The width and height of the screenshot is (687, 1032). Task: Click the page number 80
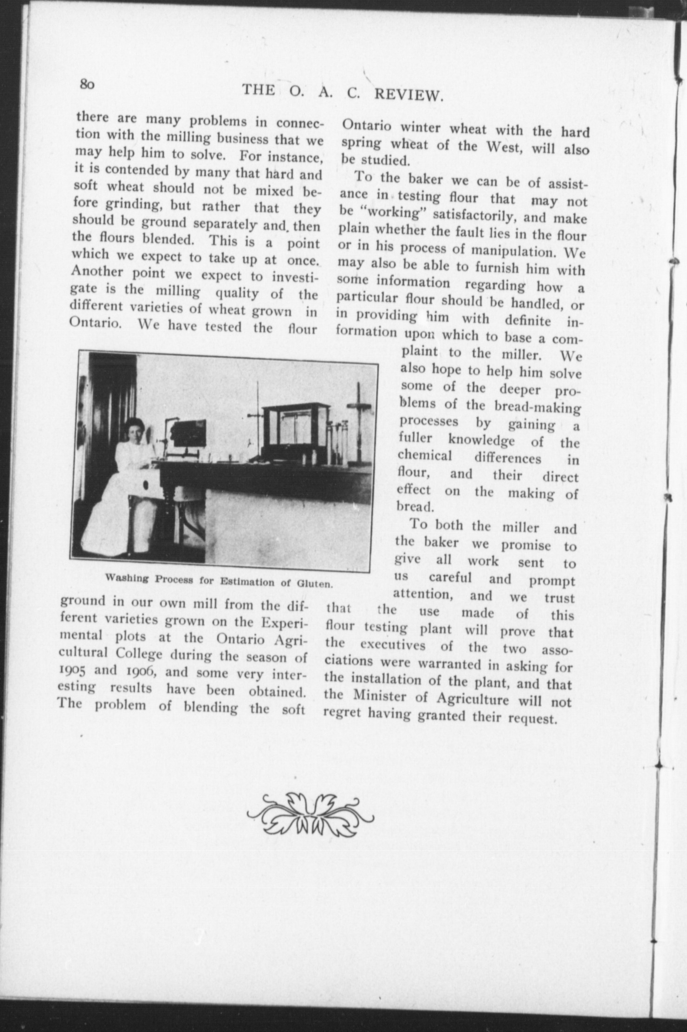click(87, 84)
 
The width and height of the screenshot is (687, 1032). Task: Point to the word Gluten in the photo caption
click(316, 584)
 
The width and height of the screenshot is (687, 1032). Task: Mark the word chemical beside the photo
click(424, 456)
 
